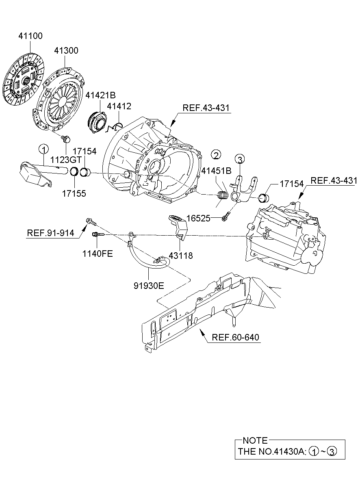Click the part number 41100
30,36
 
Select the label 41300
66,51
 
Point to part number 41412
119,106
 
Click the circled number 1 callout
43,149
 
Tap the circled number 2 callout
216,154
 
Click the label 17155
74,194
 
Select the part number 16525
198,218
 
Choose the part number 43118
181,256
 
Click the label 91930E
149,286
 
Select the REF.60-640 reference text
235,337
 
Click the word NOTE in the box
255,440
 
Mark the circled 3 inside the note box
332,451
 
